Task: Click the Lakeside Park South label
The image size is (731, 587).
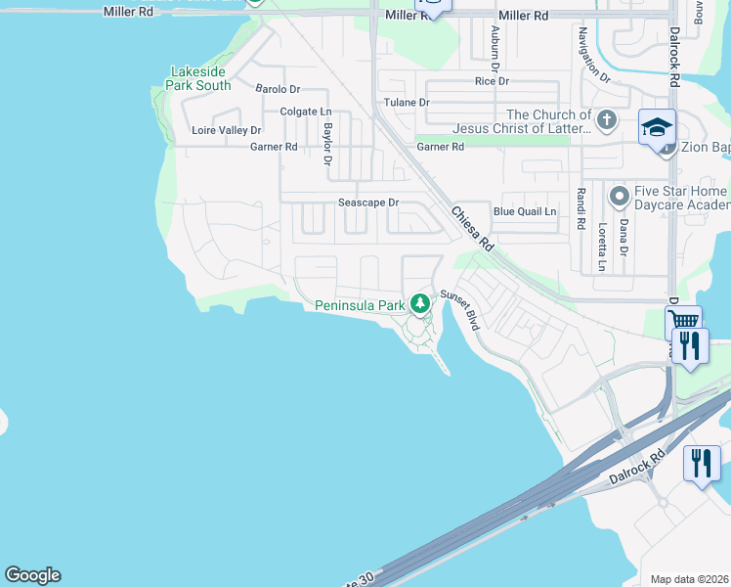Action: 200,78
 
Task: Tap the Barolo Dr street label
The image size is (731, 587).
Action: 278,89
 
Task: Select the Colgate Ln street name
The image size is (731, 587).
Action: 306,112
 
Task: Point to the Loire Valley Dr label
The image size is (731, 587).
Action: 227,130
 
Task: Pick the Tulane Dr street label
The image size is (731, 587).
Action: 408,103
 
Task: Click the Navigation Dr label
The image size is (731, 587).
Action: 593,55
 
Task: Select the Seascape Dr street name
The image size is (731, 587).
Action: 368,203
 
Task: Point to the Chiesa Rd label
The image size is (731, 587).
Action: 473,228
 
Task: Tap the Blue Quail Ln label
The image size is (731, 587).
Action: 525,211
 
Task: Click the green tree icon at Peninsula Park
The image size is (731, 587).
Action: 420,303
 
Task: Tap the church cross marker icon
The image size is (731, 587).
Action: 607,120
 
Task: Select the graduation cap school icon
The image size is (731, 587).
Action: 658,127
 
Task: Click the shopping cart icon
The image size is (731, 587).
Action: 683,320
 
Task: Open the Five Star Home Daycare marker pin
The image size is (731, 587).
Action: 618,198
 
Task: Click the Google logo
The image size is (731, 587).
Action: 32,575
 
